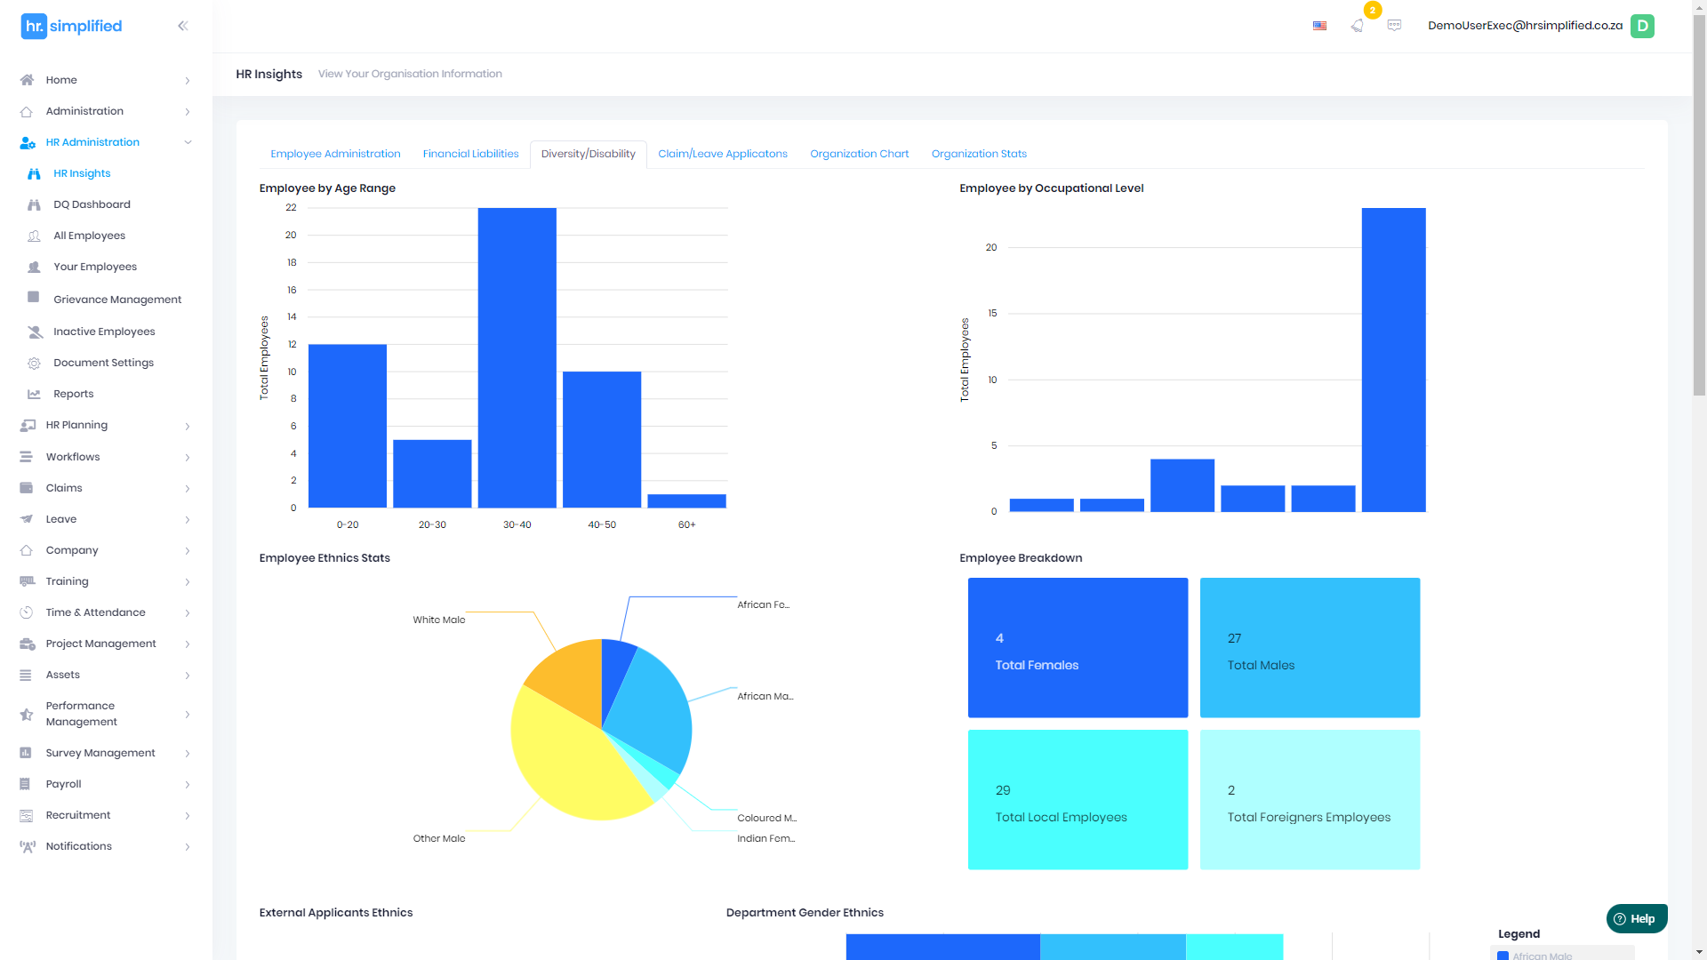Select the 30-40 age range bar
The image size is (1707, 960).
click(x=517, y=357)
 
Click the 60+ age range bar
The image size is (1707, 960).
click(x=686, y=501)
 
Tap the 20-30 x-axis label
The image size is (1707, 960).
click(x=432, y=524)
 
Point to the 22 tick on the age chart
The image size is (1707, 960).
click(x=291, y=207)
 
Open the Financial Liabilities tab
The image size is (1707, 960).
click(x=470, y=154)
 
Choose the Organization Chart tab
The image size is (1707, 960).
click(x=859, y=154)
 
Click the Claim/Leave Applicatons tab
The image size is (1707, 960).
click(x=722, y=154)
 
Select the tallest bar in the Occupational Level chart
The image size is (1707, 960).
click(x=1393, y=359)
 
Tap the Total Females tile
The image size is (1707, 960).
click(x=1078, y=647)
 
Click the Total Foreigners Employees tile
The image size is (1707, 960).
click(x=1310, y=799)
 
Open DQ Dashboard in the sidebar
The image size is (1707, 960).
click(x=92, y=204)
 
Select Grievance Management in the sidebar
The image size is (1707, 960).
click(x=116, y=300)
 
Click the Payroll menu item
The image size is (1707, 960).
click(x=63, y=784)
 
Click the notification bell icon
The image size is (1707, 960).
click(x=1357, y=26)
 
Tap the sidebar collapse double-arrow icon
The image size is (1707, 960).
click(x=182, y=26)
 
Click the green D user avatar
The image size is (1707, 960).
click(x=1642, y=26)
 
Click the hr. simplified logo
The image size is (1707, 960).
click(x=71, y=26)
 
